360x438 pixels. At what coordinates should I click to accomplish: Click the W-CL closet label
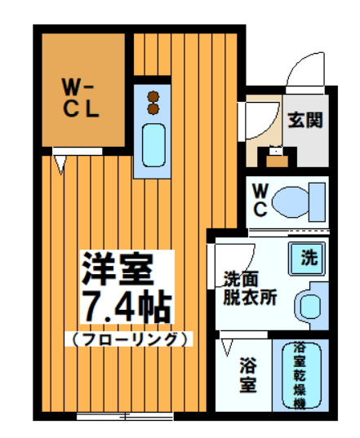[82, 96]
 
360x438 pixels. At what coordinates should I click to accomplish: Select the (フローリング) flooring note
[127, 338]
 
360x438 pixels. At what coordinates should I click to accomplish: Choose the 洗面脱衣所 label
[250, 288]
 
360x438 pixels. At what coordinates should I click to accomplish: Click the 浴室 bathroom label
[249, 374]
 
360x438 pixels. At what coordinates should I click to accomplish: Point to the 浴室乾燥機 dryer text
[300, 376]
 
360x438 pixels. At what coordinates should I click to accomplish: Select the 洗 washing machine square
[308, 260]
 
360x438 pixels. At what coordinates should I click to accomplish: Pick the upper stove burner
[152, 95]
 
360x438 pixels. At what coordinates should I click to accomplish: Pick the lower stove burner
[152, 108]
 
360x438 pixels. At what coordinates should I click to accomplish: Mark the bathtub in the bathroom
[300, 376]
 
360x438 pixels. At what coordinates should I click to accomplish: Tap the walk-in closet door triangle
[60, 162]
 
